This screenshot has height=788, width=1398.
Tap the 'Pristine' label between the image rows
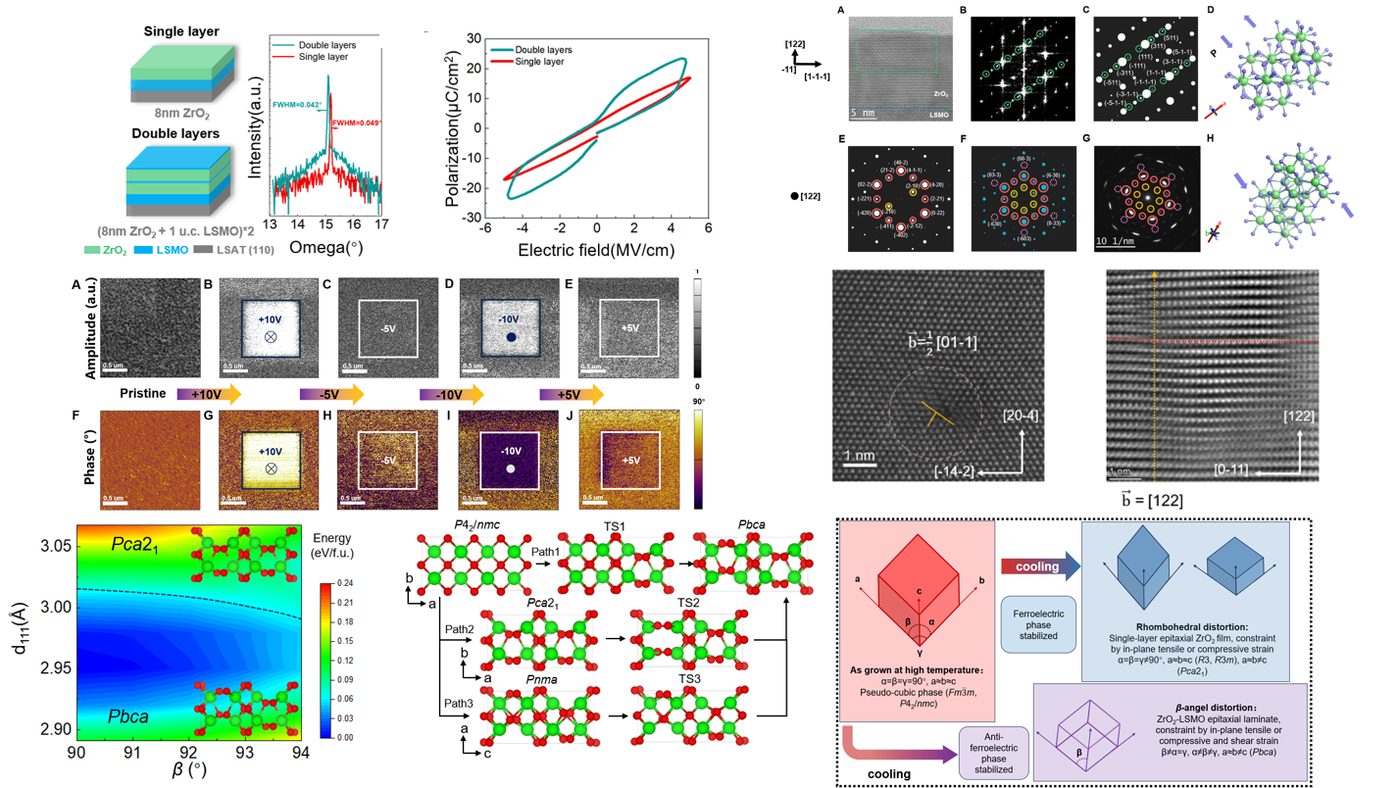tap(142, 393)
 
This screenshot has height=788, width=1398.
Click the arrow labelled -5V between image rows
tap(331, 394)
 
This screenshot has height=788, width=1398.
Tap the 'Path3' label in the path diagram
tap(459, 703)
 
